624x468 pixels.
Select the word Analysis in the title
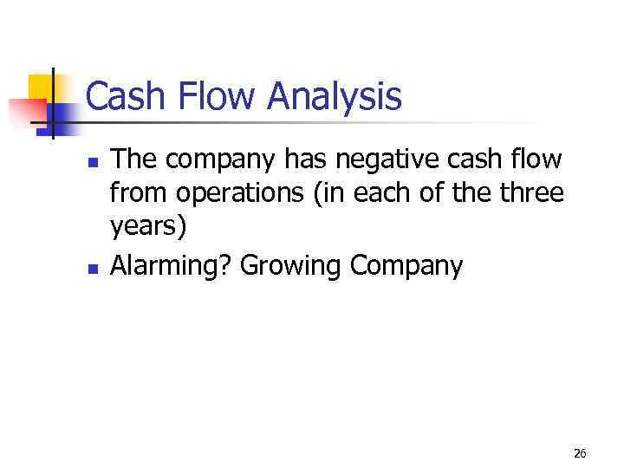point(335,96)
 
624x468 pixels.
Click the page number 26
point(580,452)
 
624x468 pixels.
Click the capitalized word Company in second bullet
point(406,266)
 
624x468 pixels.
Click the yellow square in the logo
point(42,87)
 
